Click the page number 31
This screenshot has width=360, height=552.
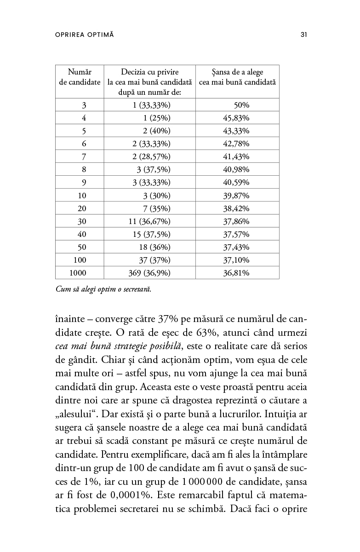click(x=303, y=34)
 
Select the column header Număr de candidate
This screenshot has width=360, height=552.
click(x=80, y=77)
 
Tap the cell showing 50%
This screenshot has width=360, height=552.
click(x=241, y=105)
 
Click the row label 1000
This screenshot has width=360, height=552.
click(x=78, y=273)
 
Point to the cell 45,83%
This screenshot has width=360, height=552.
click(x=236, y=118)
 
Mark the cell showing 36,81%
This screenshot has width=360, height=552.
click(x=236, y=273)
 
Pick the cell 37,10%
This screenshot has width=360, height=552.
click(x=236, y=260)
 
